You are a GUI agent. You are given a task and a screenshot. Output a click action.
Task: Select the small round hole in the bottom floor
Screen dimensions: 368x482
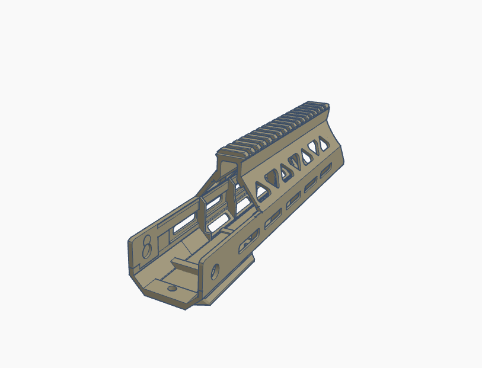(172, 287)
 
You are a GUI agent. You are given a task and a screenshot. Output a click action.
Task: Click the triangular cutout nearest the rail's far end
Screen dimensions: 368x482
(324, 142)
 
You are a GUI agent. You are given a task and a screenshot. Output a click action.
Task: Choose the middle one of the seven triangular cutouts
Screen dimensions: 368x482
(294, 160)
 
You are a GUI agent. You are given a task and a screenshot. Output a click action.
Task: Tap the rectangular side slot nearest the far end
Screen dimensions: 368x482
(325, 172)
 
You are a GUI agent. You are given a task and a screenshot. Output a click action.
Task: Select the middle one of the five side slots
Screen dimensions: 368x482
(292, 203)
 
